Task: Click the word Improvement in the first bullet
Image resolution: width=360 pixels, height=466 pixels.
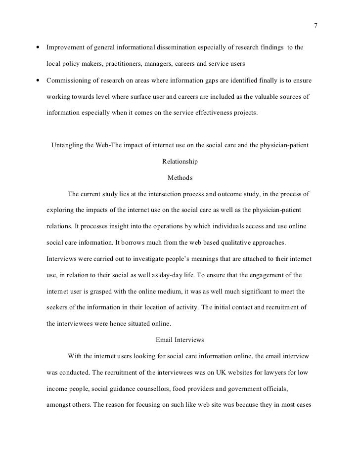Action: [x=64, y=48]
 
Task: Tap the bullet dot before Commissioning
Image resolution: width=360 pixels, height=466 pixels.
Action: [x=38, y=81]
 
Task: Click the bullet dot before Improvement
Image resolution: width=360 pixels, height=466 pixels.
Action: [x=38, y=48]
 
